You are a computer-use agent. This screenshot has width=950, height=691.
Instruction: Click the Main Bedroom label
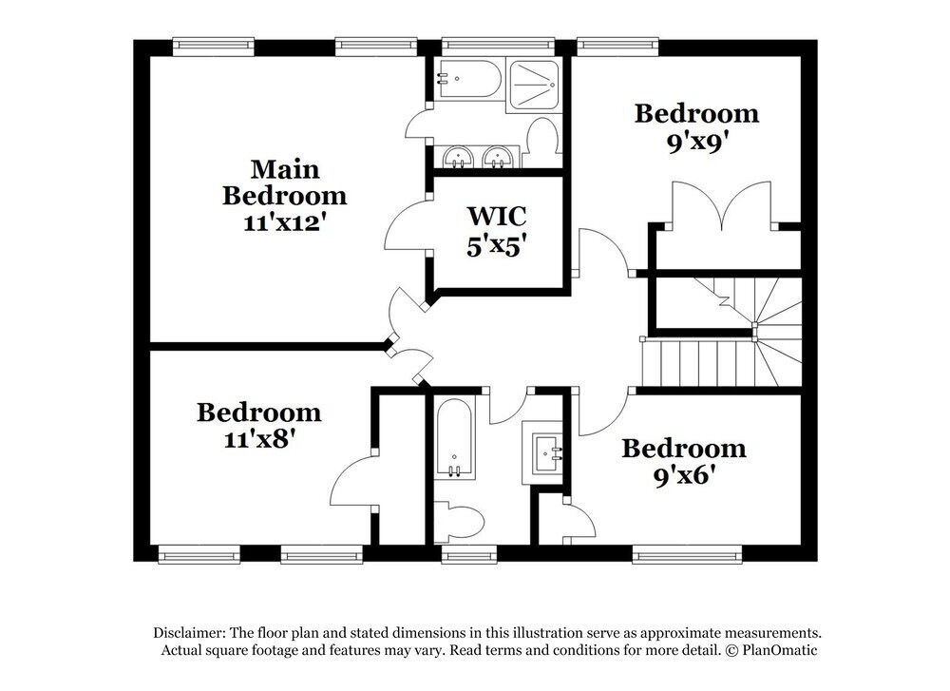point(285,182)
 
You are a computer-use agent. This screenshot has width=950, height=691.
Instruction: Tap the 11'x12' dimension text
point(285,222)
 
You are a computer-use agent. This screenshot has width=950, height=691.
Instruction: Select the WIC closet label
point(496,216)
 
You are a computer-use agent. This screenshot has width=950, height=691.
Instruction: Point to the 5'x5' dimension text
point(496,246)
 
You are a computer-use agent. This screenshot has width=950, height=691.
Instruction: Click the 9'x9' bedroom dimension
point(696,143)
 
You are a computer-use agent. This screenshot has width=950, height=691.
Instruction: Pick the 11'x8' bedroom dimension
point(259,438)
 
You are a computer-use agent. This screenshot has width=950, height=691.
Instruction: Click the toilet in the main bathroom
point(541,143)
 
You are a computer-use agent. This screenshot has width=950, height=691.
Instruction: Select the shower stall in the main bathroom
point(534,85)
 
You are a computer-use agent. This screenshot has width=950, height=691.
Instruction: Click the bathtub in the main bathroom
point(469,79)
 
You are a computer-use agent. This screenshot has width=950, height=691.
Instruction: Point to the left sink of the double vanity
point(459,158)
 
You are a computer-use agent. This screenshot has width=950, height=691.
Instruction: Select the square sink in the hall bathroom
point(547,453)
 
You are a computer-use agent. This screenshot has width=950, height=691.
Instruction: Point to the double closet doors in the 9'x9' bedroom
point(721,206)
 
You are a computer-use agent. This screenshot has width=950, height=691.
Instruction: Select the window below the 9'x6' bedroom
point(687,555)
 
